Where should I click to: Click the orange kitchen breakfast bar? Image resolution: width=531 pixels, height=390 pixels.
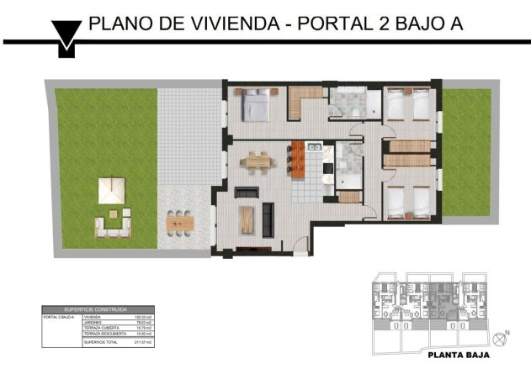point(297,159)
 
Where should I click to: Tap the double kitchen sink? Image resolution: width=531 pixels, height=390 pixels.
point(314,149)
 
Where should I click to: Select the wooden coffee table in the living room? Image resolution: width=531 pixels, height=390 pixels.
point(247,219)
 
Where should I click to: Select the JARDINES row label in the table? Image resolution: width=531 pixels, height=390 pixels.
point(93,323)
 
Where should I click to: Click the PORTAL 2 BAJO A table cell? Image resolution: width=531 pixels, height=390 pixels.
point(58,317)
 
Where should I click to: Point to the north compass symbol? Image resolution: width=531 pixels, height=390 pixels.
point(502,337)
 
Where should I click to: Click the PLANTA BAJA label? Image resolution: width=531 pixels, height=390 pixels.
point(458,355)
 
